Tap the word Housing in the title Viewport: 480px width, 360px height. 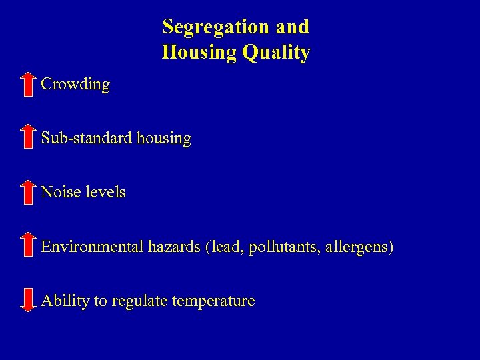click(199, 53)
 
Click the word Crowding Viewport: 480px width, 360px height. click(75, 85)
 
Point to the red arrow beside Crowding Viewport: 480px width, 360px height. click(27, 85)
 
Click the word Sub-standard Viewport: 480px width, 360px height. click(86, 139)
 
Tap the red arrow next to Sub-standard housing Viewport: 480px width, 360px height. click(27, 137)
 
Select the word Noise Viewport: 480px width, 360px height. click(59, 192)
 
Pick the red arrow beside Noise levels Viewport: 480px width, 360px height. click(27, 192)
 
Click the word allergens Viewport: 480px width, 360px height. click(361, 247)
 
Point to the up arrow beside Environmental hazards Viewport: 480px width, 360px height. click(27, 245)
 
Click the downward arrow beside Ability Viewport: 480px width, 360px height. click(27, 300)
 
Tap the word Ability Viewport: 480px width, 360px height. click(65, 301)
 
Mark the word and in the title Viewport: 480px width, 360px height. click(292, 27)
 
